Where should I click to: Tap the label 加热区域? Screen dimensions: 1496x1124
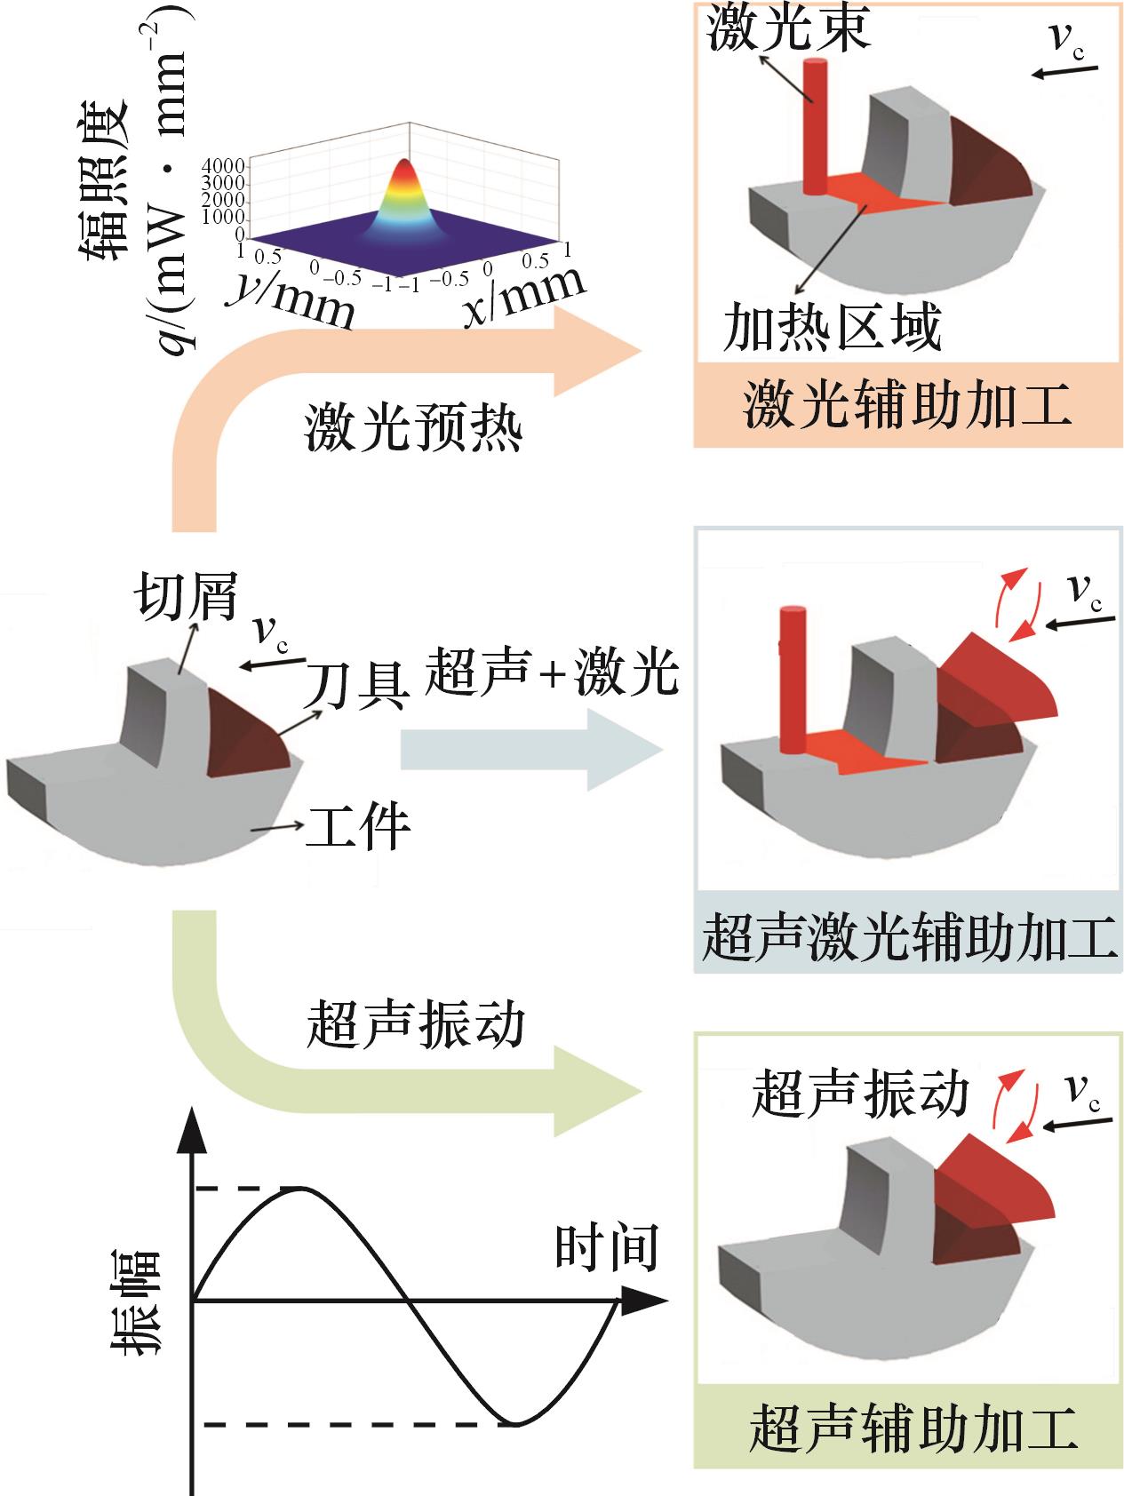pyautogui.click(x=832, y=329)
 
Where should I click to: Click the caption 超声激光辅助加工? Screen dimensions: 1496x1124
pyautogui.click(x=908, y=937)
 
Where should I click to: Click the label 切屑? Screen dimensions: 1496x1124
pyautogui.click(x=187, y=593)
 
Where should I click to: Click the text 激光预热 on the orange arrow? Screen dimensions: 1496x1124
pyautogui.click(x=414, y=428)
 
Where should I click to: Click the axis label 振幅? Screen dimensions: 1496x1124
pyautogui.click(x=136, y=1301)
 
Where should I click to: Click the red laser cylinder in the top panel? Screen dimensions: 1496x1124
pyautogui.click(x=814, y=124)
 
